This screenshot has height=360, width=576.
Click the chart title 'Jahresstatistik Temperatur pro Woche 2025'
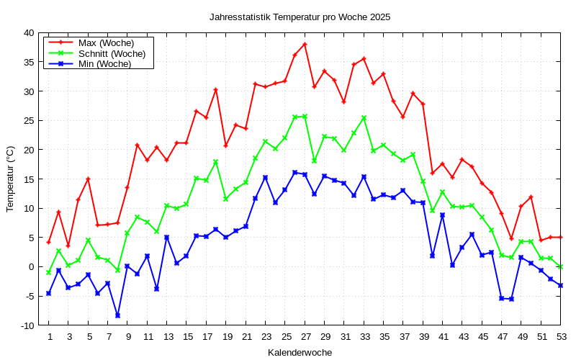click(300, 17)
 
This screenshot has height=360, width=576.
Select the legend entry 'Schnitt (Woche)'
click(112, 53)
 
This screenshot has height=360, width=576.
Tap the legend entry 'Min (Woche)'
click(104, 63)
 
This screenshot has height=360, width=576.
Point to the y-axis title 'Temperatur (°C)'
click(10, 179)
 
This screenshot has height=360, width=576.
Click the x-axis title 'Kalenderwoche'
click(300, 353)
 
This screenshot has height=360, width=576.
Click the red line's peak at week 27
click(305, 44)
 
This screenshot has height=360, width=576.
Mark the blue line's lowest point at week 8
click(117, 315)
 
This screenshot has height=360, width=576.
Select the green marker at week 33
click(364, 118)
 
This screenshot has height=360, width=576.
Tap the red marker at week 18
click(216, 90)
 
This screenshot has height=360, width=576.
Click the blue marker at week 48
click(511, 299)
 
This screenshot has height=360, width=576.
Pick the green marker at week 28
click(315, 161)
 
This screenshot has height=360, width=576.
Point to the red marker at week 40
click(433, 173)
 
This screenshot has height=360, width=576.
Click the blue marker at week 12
click(157, 289)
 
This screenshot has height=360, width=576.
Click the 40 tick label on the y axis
click(28, 33)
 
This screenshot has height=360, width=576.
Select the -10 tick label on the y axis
click(26, 325)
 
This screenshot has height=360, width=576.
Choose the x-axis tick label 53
click(561, 337)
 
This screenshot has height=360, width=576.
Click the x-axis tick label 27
click(305, 337)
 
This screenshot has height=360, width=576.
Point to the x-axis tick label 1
click(49, 337)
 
